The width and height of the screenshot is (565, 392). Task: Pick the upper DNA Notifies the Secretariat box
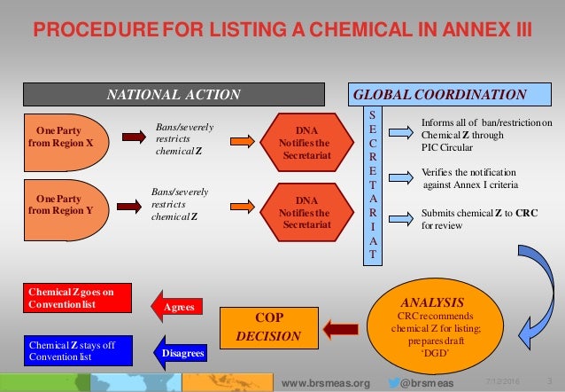point(305,142)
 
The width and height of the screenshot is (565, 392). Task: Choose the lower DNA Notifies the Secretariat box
point(305,212)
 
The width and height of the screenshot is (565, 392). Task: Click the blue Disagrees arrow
point(182,353)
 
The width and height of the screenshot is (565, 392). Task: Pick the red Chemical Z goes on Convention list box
point(75,297)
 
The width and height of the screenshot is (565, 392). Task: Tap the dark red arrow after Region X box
point(131,137)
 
